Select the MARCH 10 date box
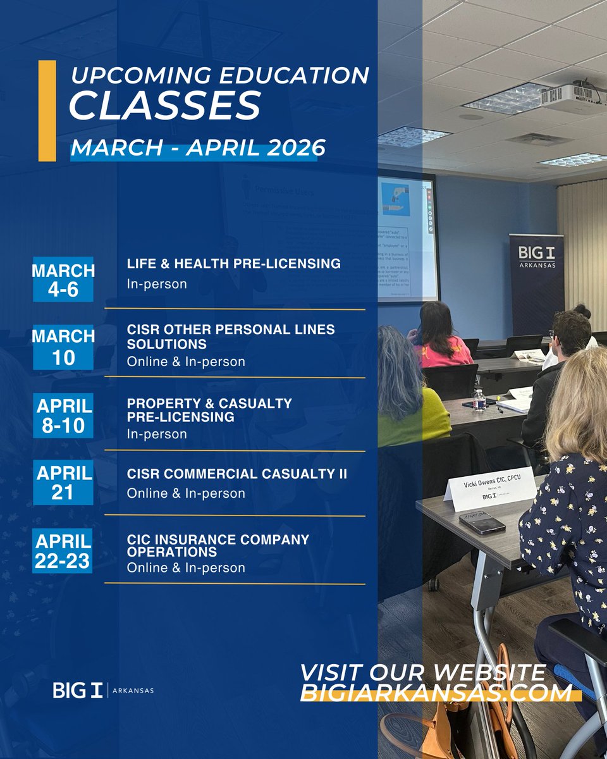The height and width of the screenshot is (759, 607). [63, 347]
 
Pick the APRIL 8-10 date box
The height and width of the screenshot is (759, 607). [63, 414]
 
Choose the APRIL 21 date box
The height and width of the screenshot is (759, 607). [63, 483]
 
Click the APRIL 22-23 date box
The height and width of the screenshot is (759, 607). [63, 552]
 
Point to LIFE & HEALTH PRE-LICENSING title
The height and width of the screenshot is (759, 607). [234, 264]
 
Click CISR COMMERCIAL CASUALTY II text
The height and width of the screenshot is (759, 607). [236, 474]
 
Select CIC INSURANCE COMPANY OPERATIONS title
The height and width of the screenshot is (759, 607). [218, 546]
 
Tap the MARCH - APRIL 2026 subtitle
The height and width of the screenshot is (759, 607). [198, 148]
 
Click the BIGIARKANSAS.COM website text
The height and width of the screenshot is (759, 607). [436, 693]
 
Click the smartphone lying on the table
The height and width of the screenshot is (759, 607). [482, 522]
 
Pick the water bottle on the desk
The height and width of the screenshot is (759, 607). [480, 400]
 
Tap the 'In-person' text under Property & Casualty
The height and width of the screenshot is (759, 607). [157, 434]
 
